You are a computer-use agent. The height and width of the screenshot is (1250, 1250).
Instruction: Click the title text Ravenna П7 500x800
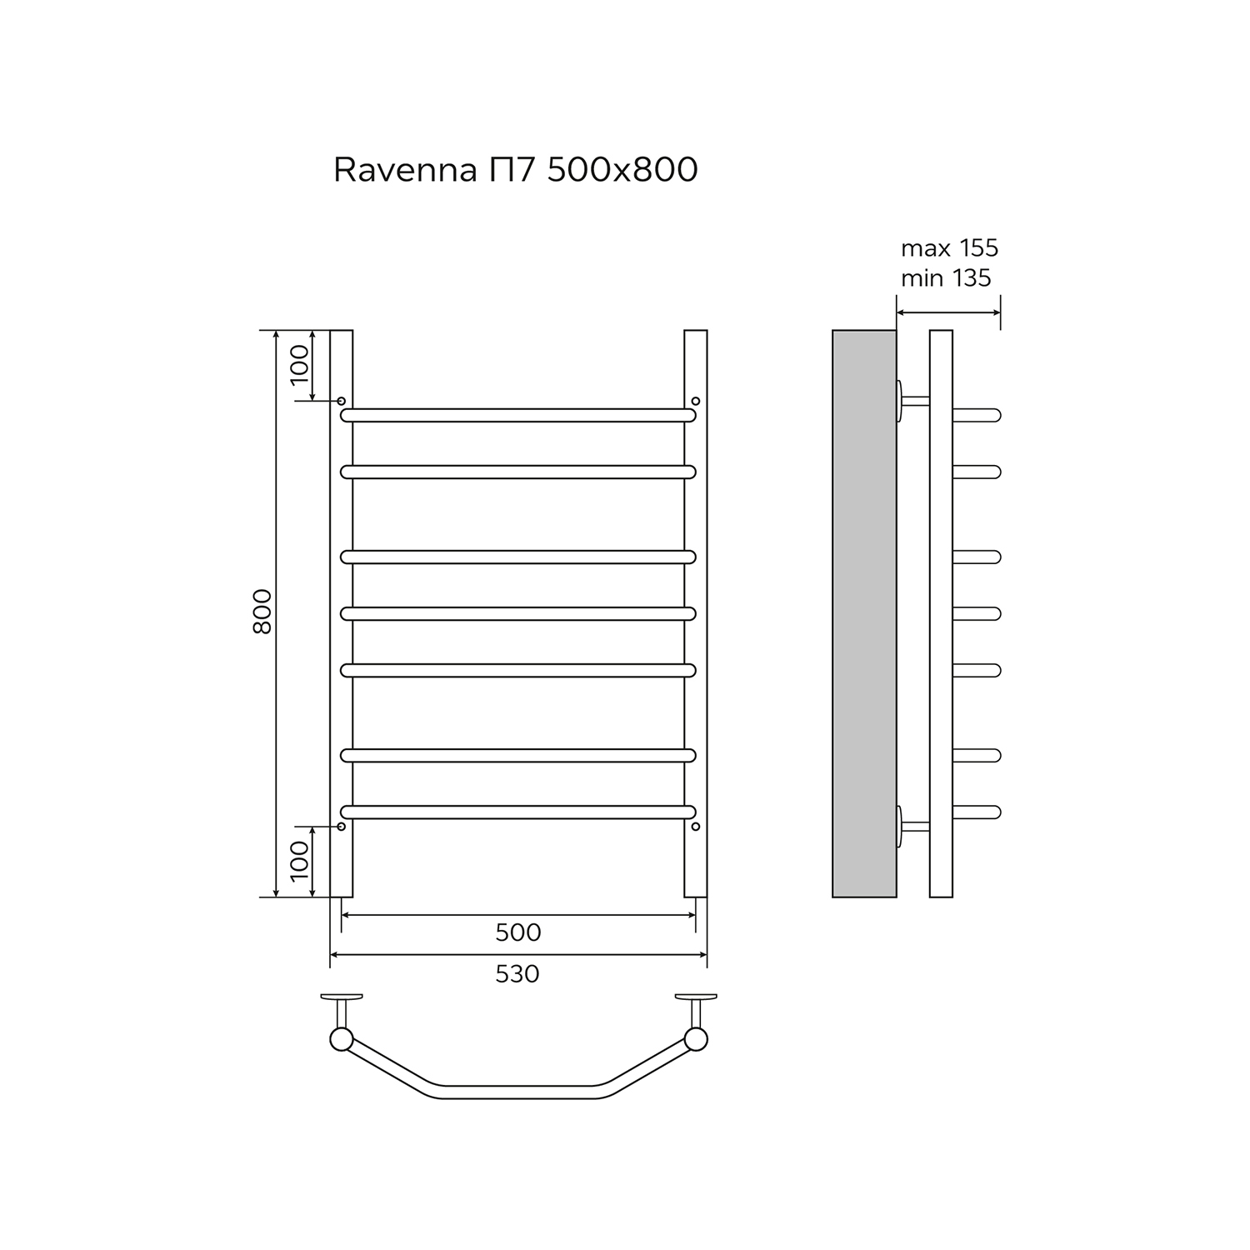pyautogui.click(x=516, y=169)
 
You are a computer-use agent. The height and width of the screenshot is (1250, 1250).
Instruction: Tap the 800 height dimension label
pyautogui.click(x=262, y=612)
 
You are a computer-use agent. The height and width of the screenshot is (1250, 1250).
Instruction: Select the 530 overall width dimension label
pyautogui.click(x=517, y=973)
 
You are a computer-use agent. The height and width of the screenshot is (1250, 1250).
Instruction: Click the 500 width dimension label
pyautogui.click(x=518, y=932)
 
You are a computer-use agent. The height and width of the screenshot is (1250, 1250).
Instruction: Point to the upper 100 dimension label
pyautogui.click(x=299, y=364)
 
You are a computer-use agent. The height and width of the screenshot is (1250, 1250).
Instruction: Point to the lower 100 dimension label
pyautogui.click(x=299, y=861)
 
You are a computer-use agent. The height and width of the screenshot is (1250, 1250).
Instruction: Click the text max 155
pyautogui.click(x=950, y=248)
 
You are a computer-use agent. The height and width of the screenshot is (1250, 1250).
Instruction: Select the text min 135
pyautogui.click(x=947, y=277)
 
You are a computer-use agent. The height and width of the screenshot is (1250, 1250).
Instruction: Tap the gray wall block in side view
pyautogui.click(x=864, y=613)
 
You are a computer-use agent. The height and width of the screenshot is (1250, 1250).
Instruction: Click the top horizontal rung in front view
pyautogui.click(x=518, y=415)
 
